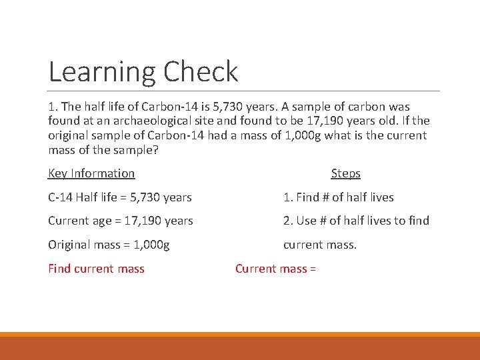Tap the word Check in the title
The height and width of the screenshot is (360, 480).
[200, 72]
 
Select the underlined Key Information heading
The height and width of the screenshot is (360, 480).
[91, 173]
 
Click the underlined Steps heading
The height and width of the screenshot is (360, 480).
[345, 173]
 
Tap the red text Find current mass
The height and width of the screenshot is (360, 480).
[96, 269]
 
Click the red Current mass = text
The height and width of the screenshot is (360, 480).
[275, 269]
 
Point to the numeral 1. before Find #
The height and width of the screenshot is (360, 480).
[287, 197]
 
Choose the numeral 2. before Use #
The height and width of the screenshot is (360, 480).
[287, 221]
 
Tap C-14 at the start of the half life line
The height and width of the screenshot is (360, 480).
[61, 197]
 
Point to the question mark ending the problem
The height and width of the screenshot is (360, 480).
[156, 150]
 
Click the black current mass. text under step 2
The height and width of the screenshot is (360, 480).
[320, 245]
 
